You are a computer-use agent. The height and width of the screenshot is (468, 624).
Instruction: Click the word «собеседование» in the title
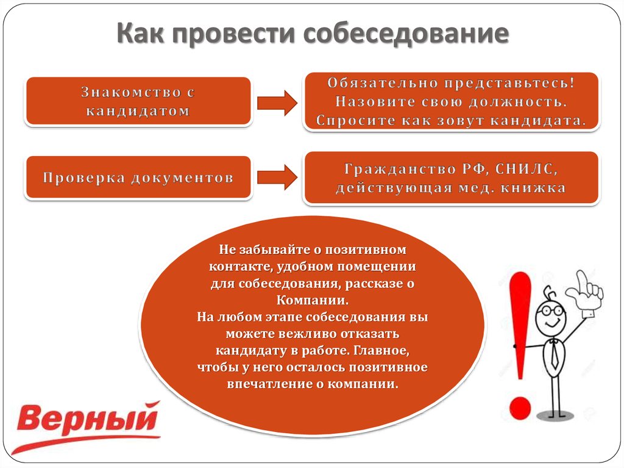406,33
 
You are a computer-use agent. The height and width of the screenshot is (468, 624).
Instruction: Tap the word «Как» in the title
141,33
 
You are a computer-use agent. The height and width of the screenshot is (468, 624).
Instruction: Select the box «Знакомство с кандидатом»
138,101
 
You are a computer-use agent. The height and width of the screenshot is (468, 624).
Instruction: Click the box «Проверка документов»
138,178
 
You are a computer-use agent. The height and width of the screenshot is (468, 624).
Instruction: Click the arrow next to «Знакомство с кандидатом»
277,103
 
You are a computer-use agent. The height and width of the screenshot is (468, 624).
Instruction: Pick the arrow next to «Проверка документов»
277,178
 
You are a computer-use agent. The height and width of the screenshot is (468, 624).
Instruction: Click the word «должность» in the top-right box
517,102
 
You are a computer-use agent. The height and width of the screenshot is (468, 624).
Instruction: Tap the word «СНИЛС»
526,169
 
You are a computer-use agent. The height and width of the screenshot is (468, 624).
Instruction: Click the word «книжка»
533,188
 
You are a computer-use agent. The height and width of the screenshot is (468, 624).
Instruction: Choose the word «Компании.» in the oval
313,300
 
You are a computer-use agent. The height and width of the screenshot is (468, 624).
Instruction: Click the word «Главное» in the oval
382,350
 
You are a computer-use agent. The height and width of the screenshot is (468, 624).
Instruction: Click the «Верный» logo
87,426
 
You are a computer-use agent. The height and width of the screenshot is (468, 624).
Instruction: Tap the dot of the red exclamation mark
520,408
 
